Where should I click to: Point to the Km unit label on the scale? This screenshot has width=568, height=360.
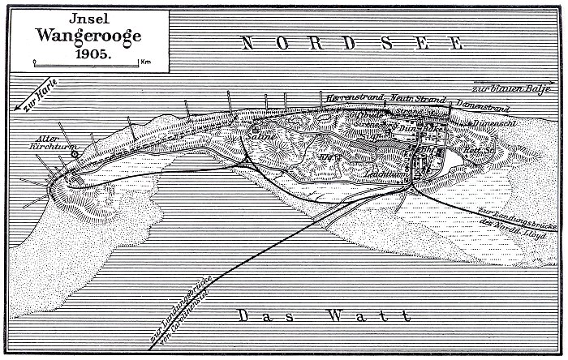(x=144, y=62)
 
